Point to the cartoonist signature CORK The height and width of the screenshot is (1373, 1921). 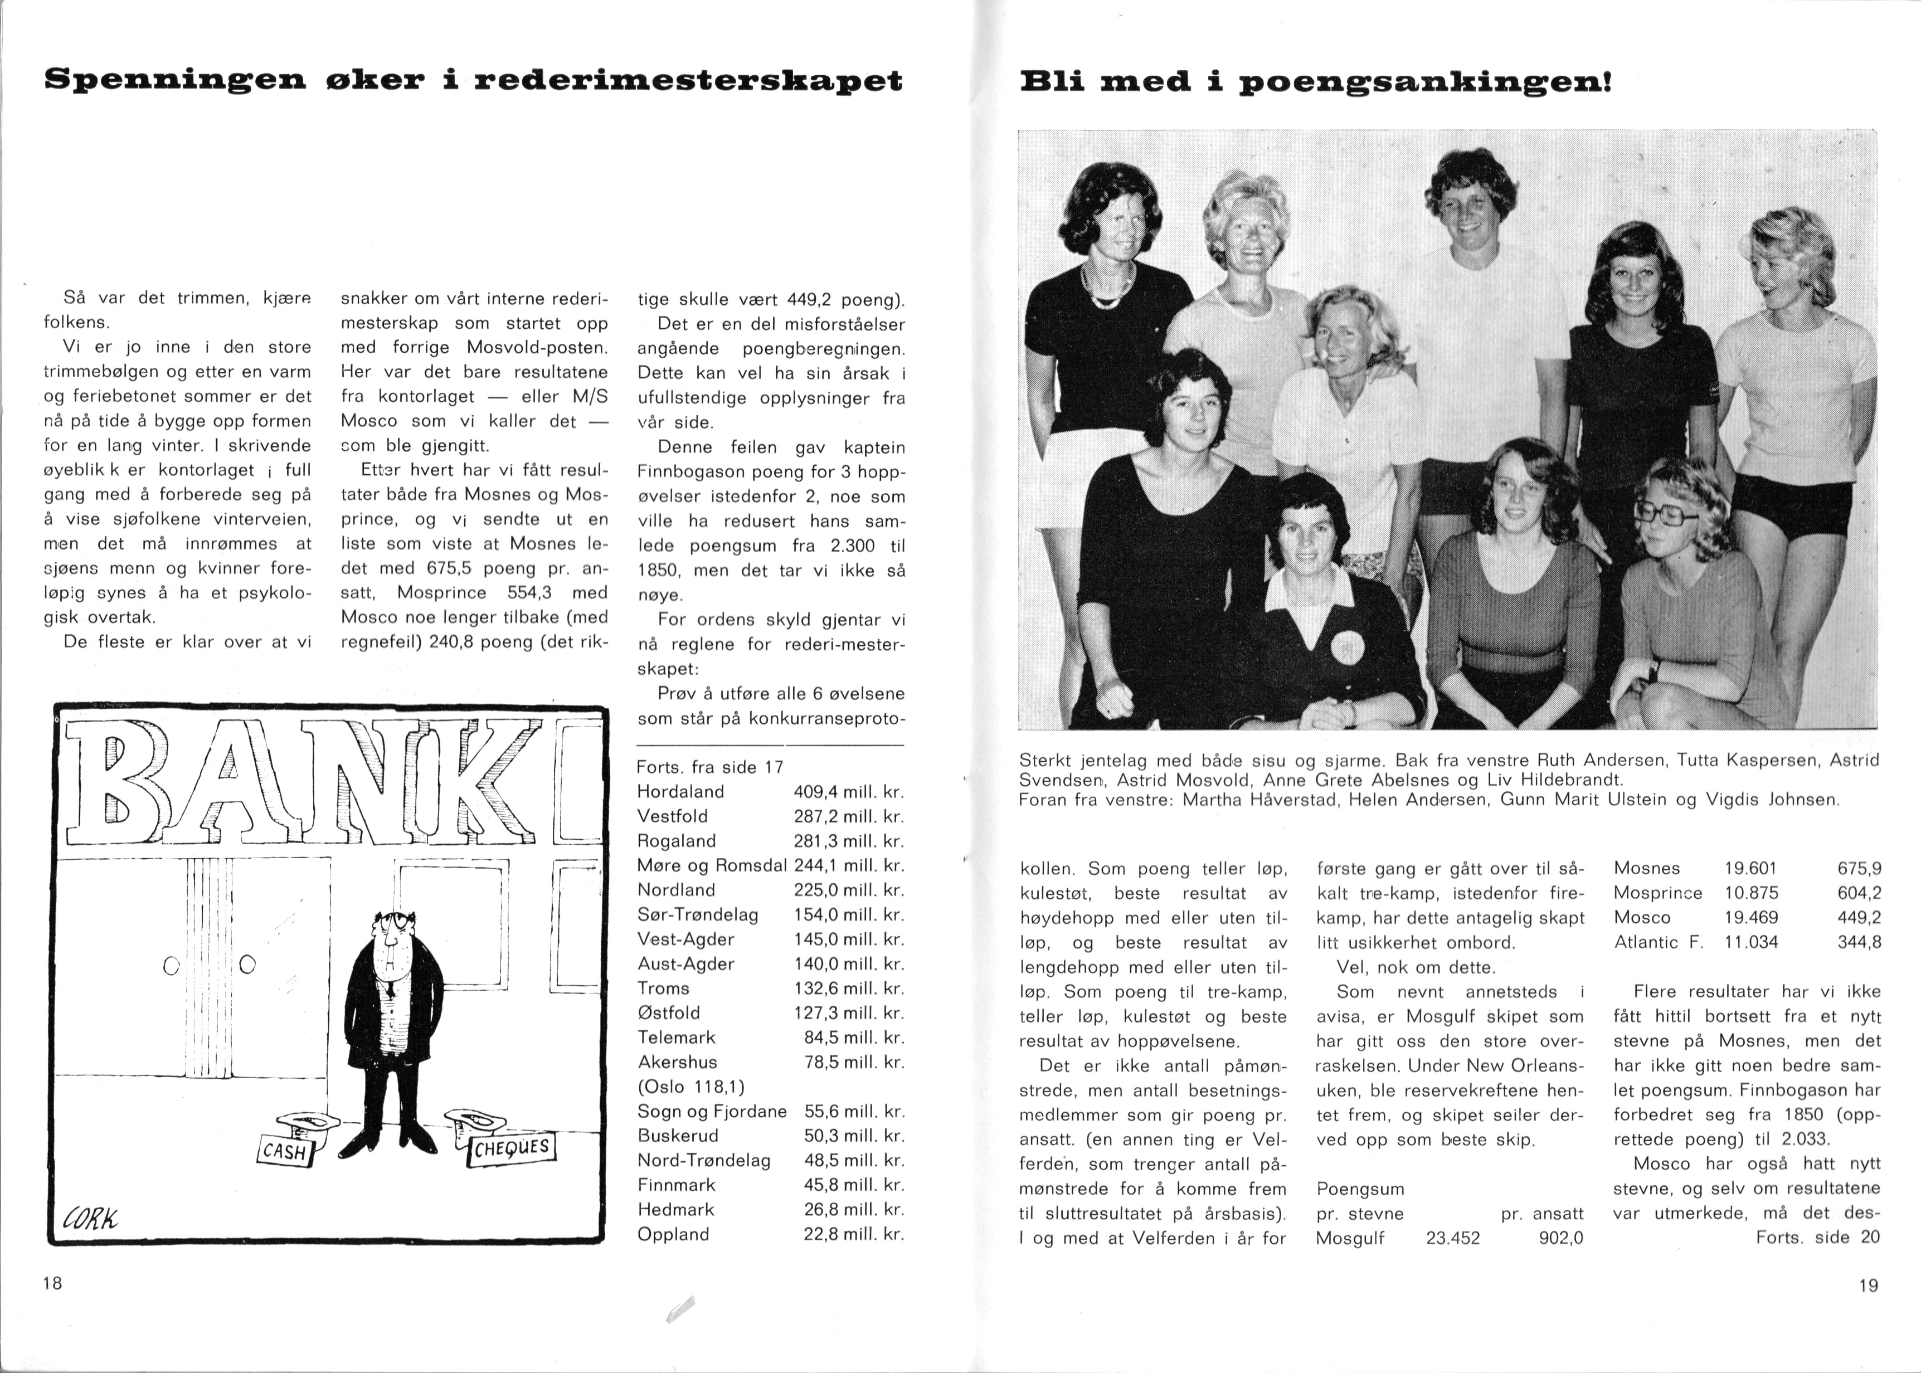pos(90,1219)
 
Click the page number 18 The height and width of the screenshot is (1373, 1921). pos(52,1283)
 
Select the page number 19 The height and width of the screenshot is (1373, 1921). pos(1869,1285)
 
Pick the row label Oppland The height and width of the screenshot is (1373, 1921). pos(673,1234)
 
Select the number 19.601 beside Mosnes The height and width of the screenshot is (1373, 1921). pos(1751,868)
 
